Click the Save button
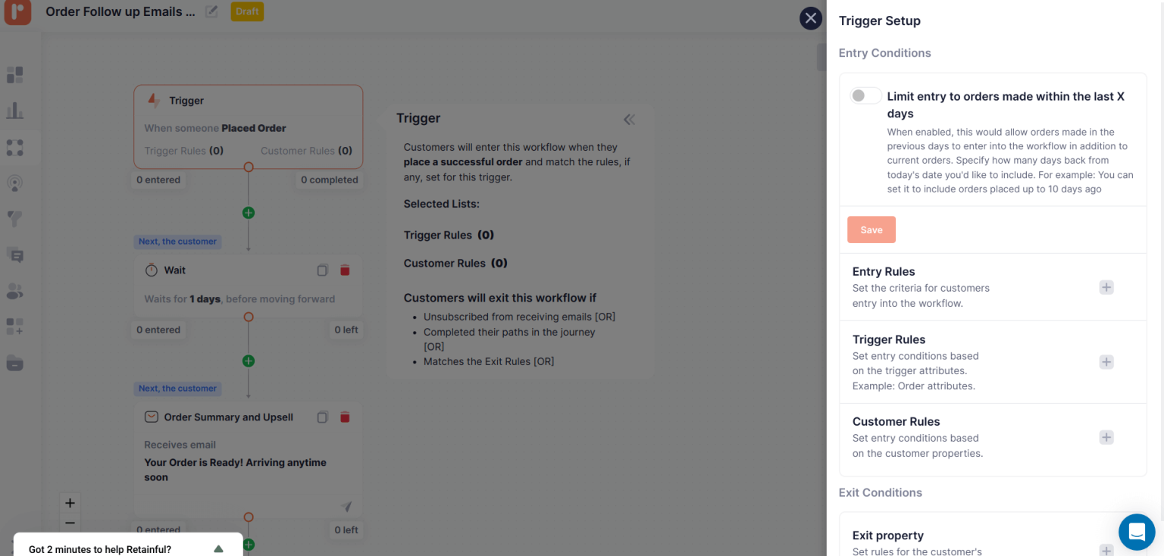(871, 230)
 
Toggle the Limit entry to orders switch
(865, 96)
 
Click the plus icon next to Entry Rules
(1106, 287)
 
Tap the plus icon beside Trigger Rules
(1106, 362)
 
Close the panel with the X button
(811, 18)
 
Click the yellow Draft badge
(247, 12)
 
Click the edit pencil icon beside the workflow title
(212, 12)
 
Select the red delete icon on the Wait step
(345, 270)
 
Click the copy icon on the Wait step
(322, 270)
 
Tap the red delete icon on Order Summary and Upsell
(345, 417)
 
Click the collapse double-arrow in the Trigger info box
(629, 119)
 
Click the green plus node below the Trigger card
(249, 213)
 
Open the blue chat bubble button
(1136, 532)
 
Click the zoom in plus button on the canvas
(70, 503)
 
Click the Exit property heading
(887, 536)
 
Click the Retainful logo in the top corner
(17, 12)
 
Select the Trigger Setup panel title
(879, 21)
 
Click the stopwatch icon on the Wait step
(152, 270)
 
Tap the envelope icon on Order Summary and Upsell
(152, 417)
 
